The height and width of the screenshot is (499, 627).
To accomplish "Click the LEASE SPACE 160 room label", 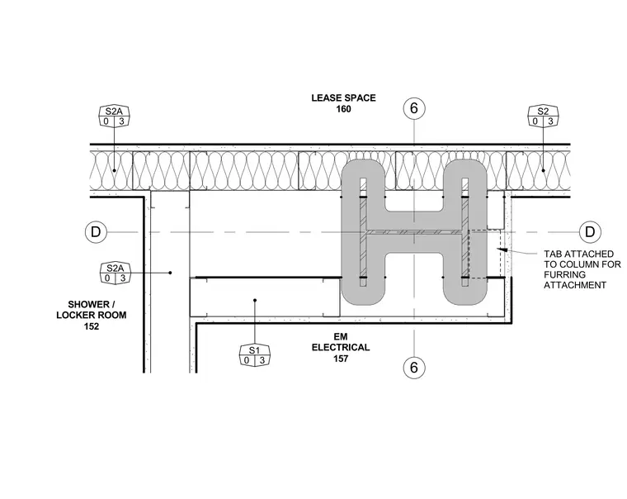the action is click(343, 103).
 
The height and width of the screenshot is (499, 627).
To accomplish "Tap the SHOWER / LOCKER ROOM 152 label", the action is click(92, 315).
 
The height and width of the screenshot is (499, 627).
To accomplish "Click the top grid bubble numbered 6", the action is click(414, 108).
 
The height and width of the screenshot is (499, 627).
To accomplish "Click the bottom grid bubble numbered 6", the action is click(414, 368).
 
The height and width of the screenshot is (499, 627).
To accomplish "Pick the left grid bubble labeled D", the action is click(96, 232).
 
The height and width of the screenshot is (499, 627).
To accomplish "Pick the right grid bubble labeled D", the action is click(590, 232).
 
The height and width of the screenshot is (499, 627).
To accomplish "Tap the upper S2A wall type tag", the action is click(114, 116).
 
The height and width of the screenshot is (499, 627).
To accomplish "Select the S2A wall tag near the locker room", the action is click(115, 273).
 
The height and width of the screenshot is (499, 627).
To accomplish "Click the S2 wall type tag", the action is click(543, 116).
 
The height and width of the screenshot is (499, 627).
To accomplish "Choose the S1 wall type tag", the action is click(255, 354).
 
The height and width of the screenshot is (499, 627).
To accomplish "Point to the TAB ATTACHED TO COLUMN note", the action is click(582, 269).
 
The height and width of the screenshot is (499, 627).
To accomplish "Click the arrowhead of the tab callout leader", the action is click(502, 249).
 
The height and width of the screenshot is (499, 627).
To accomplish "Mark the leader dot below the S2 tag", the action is click(544, 171).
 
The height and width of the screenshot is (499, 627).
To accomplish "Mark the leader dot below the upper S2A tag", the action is click(114, 171).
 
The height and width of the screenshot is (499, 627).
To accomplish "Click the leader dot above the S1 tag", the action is click(255, 300).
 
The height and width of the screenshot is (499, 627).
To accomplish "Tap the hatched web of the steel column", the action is click(414, 232).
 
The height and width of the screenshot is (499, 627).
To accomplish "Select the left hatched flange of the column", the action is click(363, 232).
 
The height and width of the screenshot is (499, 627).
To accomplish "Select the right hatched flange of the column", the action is click(465, 232).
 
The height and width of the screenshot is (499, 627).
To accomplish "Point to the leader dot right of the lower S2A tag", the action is click(170, 273).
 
